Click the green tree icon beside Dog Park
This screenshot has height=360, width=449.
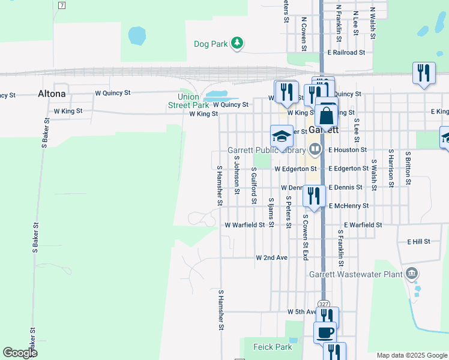(x=238, y=43)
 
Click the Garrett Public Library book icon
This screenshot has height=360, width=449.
(x=316, y=149)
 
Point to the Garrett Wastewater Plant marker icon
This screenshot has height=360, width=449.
(x=411, y=274)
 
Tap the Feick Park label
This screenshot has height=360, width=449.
(x=273, y=347)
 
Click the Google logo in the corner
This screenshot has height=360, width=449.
(x=20, y=352)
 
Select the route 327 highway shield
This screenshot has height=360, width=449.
(x=324, y=304)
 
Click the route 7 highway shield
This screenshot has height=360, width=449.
(x=62, y=5)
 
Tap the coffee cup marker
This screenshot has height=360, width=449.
(x=325, y=331)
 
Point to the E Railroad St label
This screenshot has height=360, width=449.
(x=346, y=53)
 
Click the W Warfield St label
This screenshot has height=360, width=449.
(x=245, y=225)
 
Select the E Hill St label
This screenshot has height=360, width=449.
(x=419, y=241)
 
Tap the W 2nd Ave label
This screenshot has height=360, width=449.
(x=272, y=257)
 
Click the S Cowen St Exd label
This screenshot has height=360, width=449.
(x=305, y=238)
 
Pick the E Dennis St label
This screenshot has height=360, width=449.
(x=345, y=187)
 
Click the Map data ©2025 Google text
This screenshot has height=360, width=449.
(x=411, y=355)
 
